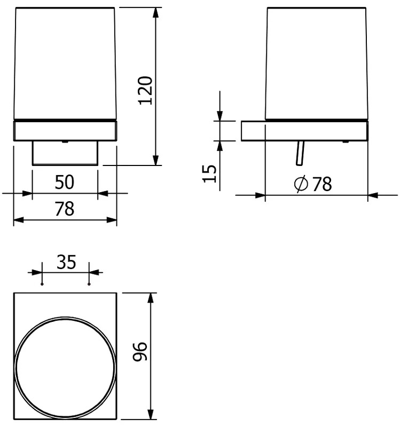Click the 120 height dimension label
click(x=145, y=90)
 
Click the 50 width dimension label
click(x=65, y=182)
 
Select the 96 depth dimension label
click(x=140, y=351)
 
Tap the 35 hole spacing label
click(x=66, y=262)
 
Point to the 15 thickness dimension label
click(x=209, y=173)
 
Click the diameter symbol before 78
click(x=301, y=184)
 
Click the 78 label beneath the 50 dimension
click(x=65, y=209)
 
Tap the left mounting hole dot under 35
click(x=42, y=284)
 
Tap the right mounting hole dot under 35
click(x=89, y=284)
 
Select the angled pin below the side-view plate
click(x=300, y=153)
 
